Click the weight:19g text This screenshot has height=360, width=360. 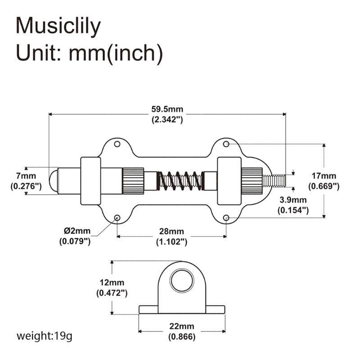coord(44,336)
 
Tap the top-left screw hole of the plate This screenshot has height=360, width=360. coord(117,144)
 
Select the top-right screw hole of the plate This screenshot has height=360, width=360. coord(226,144)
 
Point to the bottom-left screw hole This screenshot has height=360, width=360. coord(117,218)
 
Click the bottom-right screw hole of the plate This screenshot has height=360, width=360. coord(226,218)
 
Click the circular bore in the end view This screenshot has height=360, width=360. coord(182,282)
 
